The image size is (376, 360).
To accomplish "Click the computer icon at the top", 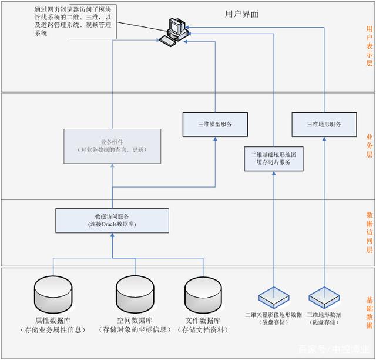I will point(175,31).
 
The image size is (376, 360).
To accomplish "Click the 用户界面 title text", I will point(241,14).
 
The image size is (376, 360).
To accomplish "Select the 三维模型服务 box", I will point(214,124).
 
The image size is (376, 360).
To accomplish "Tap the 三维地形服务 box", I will point(324,124).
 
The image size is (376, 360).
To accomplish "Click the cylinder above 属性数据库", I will point(53,293).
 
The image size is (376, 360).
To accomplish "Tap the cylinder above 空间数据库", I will point(135,293).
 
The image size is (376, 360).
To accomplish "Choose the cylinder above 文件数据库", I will point(203,293).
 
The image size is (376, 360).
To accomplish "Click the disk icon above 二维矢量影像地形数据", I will point(274,294).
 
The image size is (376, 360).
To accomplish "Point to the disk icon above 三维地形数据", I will point(324,294).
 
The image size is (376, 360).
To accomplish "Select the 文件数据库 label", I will point(203,321).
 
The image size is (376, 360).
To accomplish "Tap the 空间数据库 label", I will point(135,321).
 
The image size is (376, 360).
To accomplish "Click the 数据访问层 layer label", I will point(369,232).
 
